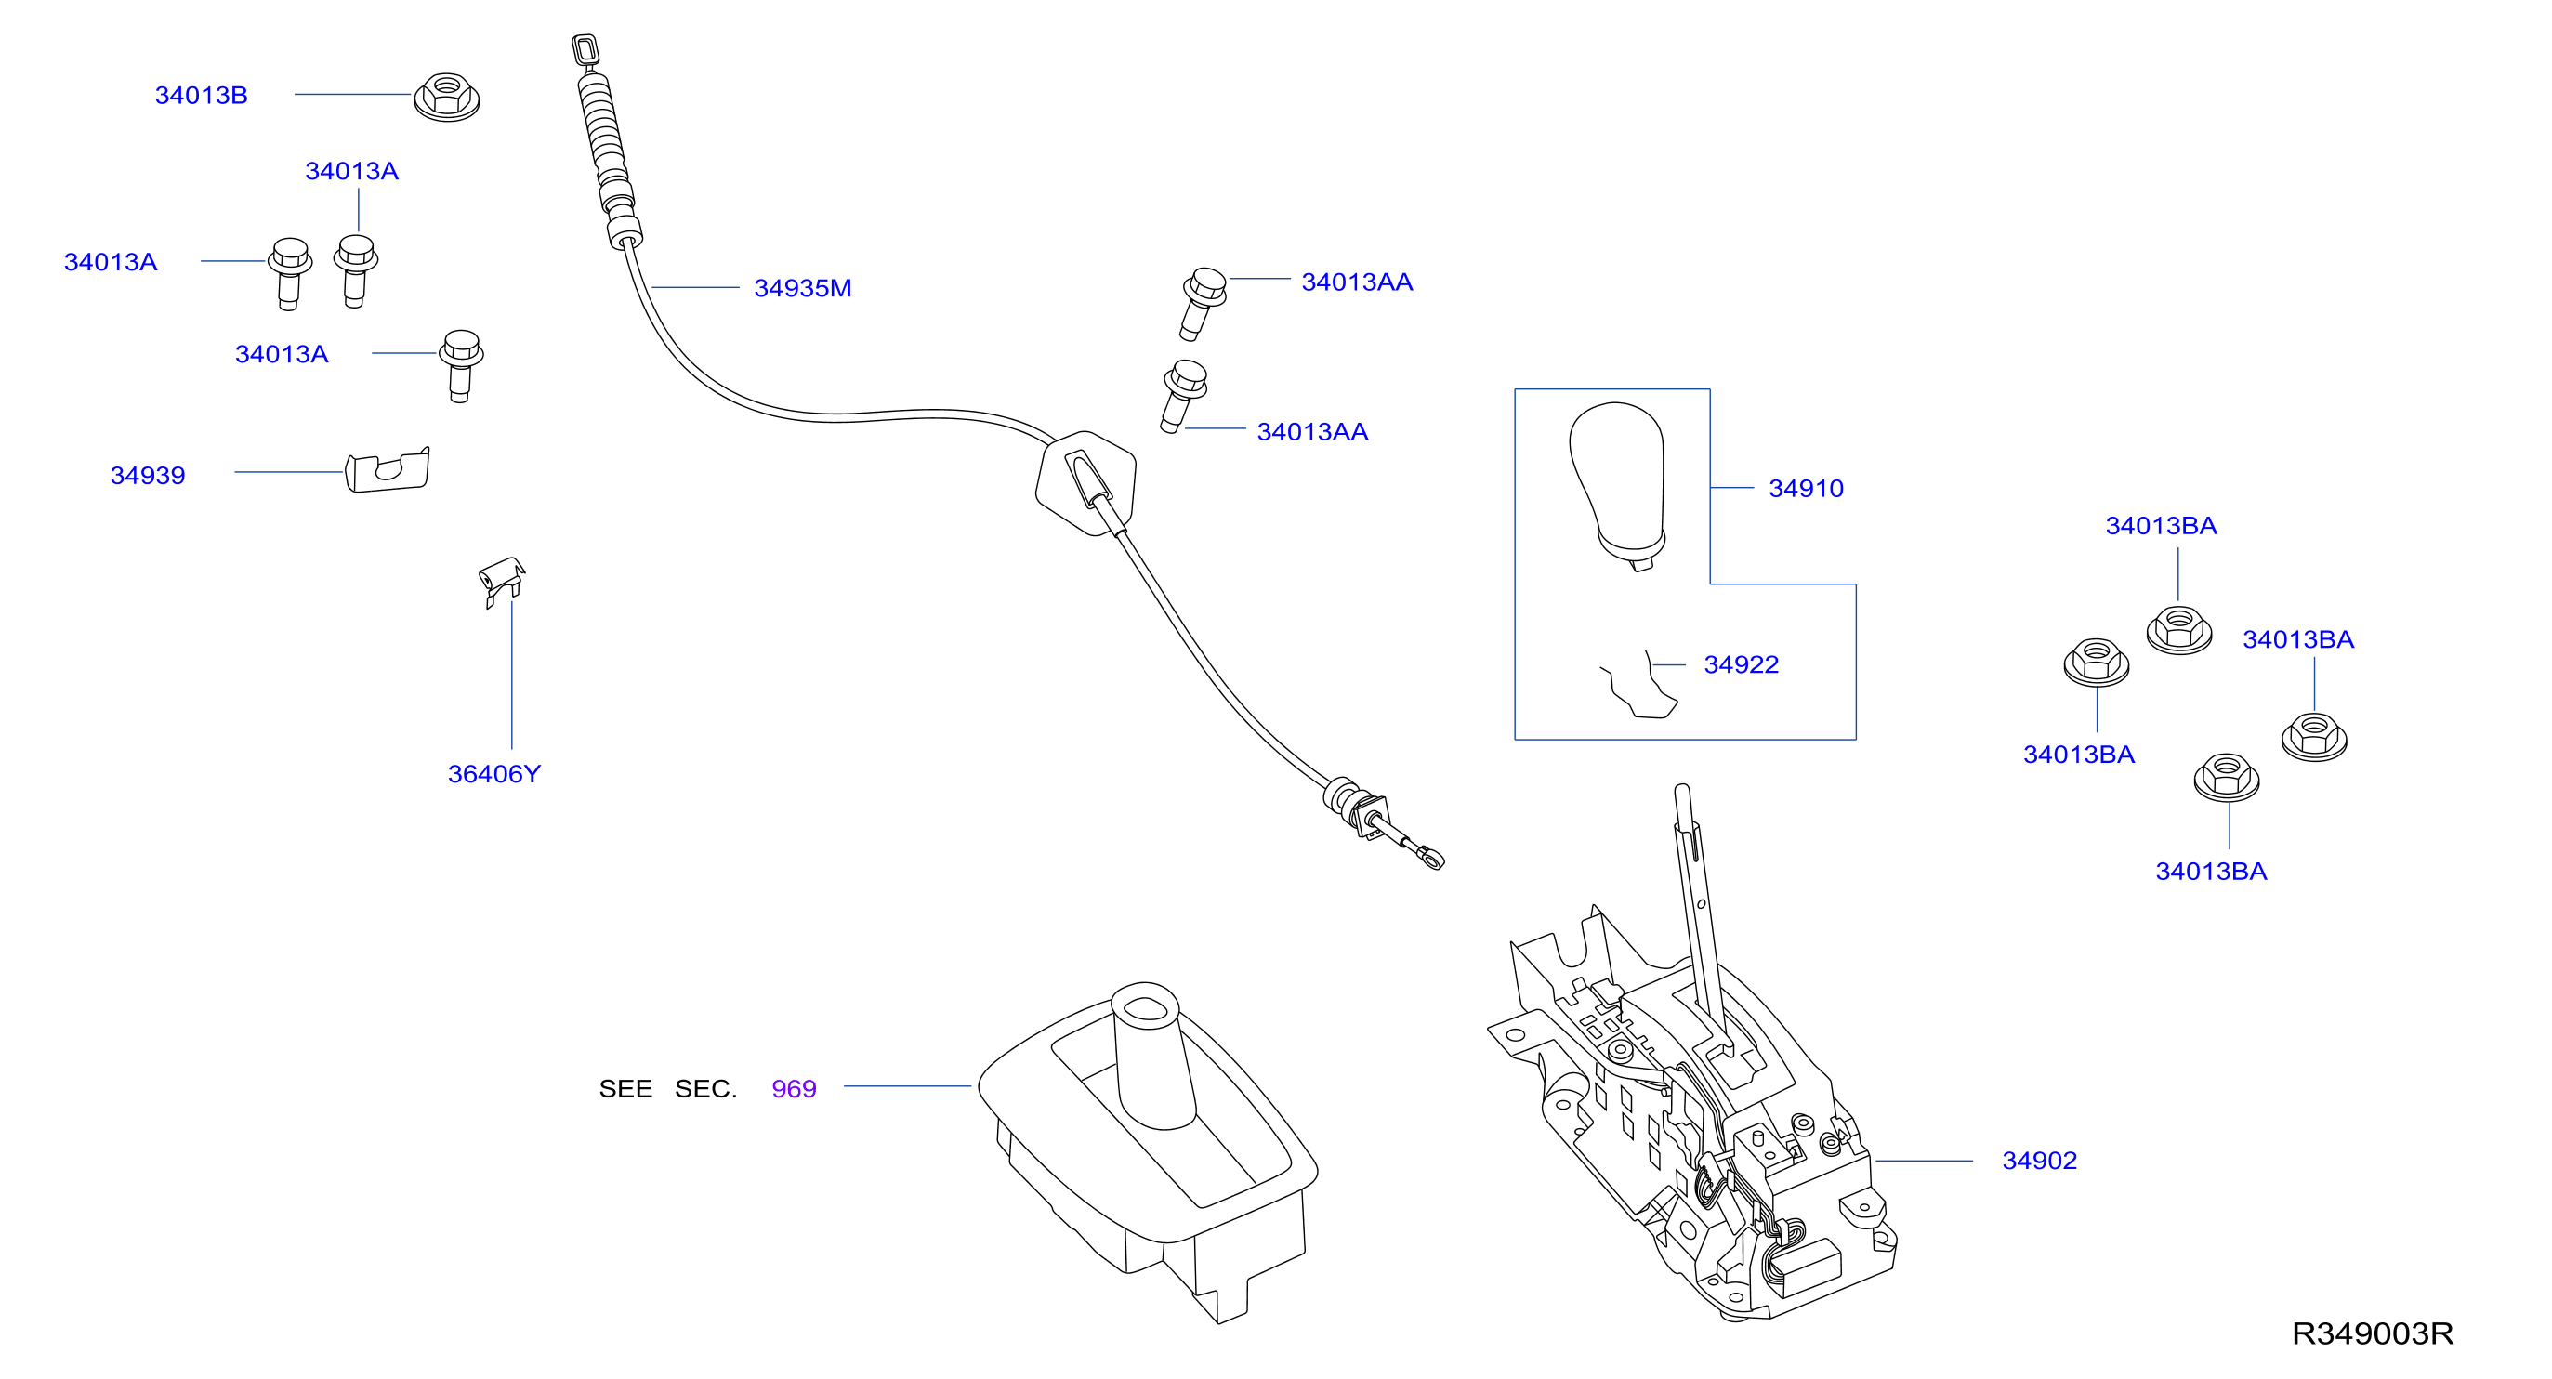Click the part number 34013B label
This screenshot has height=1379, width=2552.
tap(201, 95)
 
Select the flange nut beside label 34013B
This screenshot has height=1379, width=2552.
tap(446, 97)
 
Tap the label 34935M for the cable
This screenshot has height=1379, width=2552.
tap(802, 288)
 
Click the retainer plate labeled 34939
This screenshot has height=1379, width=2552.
tap(388, 469)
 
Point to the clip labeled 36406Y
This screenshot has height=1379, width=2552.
tap(502, 581)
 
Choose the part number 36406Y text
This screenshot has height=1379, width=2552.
tap(494, 774)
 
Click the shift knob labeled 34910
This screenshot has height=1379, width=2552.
tap(1618, 485)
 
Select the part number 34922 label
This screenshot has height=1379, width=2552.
tap(1741, 664)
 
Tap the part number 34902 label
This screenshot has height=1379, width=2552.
tap(2039, 1160)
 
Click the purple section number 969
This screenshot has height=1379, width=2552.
tap(794, 1089)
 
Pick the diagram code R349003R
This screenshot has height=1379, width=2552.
tap(2372, 1333)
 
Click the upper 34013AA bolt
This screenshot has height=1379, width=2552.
tap(1203, 303)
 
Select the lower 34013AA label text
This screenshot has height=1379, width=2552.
tap(1312, 432)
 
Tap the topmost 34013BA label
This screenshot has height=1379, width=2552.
tap(2161, 526)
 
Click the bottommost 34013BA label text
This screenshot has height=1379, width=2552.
tap(2211, 872)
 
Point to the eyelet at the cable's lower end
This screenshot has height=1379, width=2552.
tap(1431, 857)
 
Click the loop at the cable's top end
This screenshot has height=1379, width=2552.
tap(585, 48)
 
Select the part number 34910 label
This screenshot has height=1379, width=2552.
tap(1806, 489)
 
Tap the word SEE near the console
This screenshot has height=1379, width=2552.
tap(625, 1089)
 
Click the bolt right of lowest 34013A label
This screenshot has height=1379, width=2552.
tap(461, 364)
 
